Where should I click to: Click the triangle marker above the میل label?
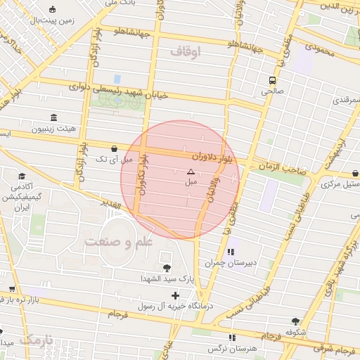click(190, 172)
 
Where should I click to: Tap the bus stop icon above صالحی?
click(271, 80)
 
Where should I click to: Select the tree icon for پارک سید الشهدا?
click(167, 268)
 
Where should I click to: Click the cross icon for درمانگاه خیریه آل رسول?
click(175, 295)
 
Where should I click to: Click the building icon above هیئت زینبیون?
click(53, 117)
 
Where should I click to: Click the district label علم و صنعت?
click(119, 242)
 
